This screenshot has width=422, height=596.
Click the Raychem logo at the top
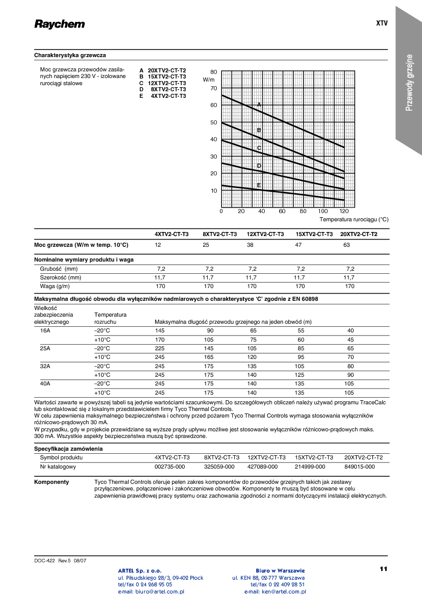click(59, 24)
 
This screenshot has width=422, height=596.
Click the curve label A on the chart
click(259, 105)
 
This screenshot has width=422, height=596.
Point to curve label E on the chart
click(259, 185)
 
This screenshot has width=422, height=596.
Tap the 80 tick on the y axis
click(213, 72)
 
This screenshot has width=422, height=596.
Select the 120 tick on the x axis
click(343, 211)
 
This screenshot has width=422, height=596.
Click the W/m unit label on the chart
click(209, 80)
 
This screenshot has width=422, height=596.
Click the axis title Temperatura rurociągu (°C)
click(354, 219)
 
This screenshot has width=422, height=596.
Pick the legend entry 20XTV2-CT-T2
click(167, 70)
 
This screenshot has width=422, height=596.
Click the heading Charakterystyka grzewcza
click(70, 55)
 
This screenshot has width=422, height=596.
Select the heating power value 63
click(346, 245)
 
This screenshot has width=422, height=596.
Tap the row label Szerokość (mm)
click(61, 277)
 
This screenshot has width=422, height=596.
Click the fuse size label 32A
click(45, 366)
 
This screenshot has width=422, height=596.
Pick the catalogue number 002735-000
click(169, 467)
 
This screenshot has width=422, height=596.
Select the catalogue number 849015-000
click(359, 467)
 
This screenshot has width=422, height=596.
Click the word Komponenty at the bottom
click(52, 482)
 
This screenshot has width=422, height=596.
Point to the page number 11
click(384, 568)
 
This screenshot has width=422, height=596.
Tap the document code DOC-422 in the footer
click(45, 560)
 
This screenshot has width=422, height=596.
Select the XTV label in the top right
click(382, 23)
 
